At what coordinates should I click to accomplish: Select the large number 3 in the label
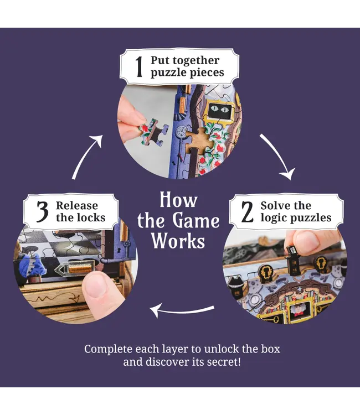click(x=42, y=212)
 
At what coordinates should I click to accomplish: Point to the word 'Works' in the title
click(x=178, y=241)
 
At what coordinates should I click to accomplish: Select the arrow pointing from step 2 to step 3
click(x=180, y=310)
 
